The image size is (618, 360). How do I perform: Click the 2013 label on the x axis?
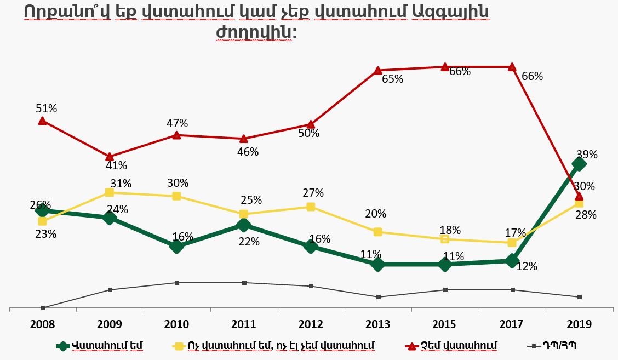pos(378,324)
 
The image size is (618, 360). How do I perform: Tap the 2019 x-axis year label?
pos(580,324)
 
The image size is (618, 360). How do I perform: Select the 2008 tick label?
pos(42,324)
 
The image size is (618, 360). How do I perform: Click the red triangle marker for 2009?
pos(110,157)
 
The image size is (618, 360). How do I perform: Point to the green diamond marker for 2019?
pos(579,164)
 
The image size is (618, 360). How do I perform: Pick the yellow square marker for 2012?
pos(311,207)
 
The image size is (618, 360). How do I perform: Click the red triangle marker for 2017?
pos(512,67)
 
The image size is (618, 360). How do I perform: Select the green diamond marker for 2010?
pos(176,247)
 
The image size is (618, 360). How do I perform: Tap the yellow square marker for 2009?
pos(110,192)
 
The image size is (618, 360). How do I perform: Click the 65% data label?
pos(392,79)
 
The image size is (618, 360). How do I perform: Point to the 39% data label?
pos(587,155)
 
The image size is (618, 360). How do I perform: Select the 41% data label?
pos(116,165)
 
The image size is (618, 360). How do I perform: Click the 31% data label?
pos(121,183)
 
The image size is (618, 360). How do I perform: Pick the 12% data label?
pos(527,267)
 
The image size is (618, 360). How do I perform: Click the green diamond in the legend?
pos(64,346)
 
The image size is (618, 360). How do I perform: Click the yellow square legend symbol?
pos(178,346)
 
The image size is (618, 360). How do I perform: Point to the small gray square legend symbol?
pos(531,346)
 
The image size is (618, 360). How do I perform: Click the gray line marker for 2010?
pos(177,283)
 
